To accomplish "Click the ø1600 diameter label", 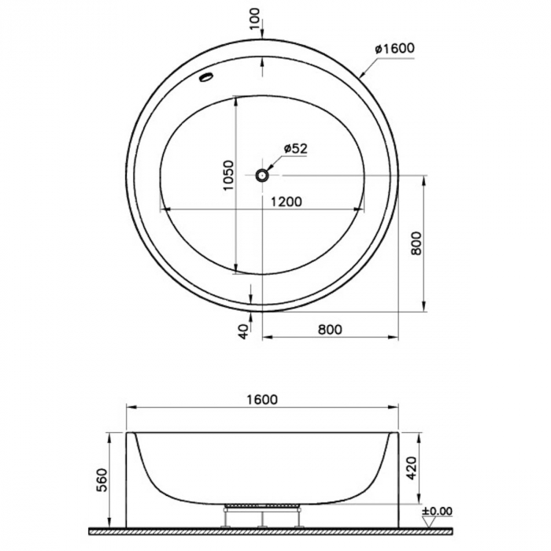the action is point(394,48).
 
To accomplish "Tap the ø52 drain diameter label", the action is point(295,149).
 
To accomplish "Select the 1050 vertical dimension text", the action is point(228,175).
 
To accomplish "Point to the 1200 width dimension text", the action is point(286,202).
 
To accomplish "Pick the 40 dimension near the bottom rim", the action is point(243,331).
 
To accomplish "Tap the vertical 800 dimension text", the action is point(416,243).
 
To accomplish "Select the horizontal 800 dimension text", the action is point(330,330).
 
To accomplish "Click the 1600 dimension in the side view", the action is point(262,400).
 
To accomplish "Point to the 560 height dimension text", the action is point(102,480).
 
